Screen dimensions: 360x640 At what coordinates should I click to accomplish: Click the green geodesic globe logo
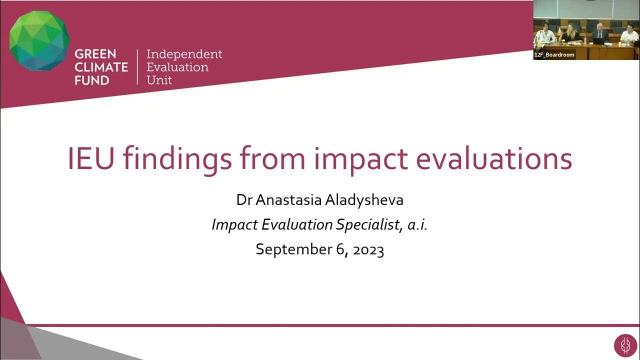coord(39,40)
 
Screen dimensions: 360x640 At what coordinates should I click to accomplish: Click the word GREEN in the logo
coord(95,54)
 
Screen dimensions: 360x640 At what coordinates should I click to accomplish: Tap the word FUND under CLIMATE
coord(92,80)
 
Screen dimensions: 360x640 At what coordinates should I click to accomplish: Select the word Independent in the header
coord(184,54)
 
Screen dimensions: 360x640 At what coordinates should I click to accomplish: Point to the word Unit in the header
coord(159,80)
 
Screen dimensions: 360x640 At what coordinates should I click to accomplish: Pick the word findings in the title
coord(177,159)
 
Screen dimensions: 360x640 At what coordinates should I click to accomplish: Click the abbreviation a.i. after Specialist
coord(417,225)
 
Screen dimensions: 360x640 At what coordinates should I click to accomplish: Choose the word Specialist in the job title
coord(368,225)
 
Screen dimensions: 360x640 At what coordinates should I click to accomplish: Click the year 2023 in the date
coord(368,249)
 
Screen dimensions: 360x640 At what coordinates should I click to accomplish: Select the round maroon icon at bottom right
coord(625,346)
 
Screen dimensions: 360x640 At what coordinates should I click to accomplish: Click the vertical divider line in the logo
coord(137,66)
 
